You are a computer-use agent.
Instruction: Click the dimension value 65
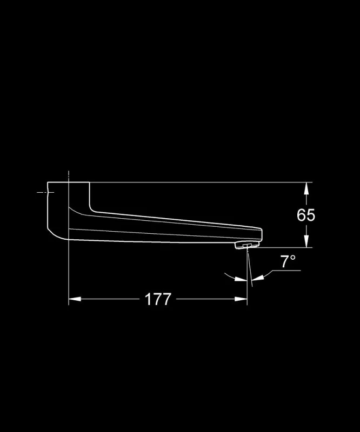point(305,215)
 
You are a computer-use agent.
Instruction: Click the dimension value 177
point(158,299)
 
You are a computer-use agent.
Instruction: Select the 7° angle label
point(288,261)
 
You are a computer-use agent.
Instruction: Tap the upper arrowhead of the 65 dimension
point(306,189)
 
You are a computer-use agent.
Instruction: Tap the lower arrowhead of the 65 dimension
point(306,241)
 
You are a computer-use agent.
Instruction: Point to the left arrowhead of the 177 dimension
point(75,299)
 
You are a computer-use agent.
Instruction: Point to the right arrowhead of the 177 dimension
point(241,299)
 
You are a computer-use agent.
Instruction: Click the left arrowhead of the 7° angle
point(241,279)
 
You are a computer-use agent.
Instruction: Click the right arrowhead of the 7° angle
point(258,278)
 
